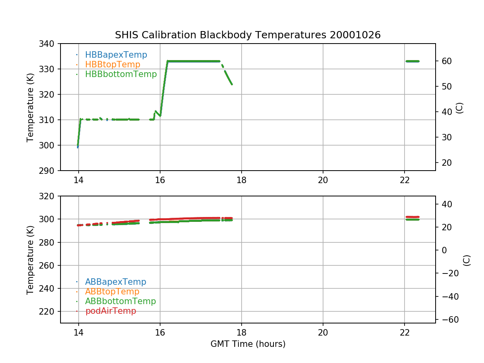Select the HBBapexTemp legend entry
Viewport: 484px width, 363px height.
tap(116, 55)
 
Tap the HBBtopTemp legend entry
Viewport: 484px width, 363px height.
tap(113, 65)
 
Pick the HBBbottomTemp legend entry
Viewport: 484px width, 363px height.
tap(121, 74)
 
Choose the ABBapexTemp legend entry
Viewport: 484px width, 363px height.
tap(115, 282)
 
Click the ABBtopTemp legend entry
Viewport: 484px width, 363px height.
tap(112, 292)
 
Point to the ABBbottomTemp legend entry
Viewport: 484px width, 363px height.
tap(120, 301)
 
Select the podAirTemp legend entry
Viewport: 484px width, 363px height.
tap(111, 311)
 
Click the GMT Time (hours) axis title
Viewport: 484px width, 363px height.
tap(248, 344)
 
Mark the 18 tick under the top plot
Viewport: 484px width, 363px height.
tap(241, 180)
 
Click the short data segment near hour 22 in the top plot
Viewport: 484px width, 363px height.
tap(412, 61)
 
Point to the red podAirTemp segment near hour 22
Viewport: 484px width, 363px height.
tap(412, 217)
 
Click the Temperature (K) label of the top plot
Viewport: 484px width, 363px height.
tap(30, 107)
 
